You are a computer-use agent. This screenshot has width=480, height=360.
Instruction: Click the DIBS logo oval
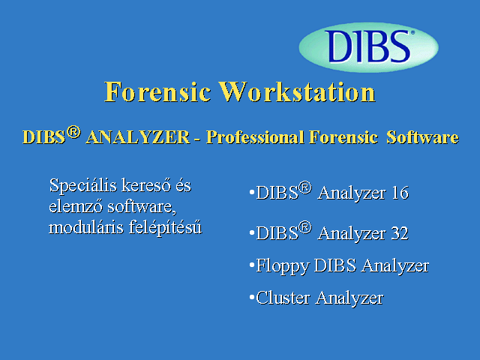click(x=368, y=47)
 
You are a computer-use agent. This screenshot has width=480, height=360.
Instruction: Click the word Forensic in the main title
click(x=157, y=91)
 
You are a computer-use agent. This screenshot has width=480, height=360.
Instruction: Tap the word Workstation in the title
click(x=297, y=91)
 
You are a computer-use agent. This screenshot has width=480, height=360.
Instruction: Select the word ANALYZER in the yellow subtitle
click(x=138, y=136)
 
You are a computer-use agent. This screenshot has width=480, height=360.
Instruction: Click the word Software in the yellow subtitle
click(x=422, y=136)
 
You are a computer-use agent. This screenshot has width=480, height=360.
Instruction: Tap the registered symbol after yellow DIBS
click(x=73, y=132)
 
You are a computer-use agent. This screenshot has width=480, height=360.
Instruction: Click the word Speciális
click(x=83, y=186)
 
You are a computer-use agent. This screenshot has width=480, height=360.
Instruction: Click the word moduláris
click(x=86, y=227)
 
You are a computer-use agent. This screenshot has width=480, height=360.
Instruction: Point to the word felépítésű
click(x=165, y=227)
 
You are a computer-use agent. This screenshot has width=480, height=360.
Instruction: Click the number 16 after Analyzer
click(x=400, y=193)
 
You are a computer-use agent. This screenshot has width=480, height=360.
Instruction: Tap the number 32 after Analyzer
click(x=400, y=233)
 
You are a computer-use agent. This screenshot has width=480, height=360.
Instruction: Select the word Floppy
click(x=282, y=266)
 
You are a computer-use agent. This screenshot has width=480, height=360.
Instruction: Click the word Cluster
click(x=283, y=298)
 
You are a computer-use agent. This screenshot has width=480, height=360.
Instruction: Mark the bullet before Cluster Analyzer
click(x=252, y=297)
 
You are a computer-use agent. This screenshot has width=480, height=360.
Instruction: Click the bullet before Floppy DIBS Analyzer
click(x=252, y=265)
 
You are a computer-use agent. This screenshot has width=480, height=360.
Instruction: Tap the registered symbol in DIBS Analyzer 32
click(x=305, y=228)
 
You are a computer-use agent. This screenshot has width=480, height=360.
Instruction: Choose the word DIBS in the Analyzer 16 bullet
click(x=277, y=193)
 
